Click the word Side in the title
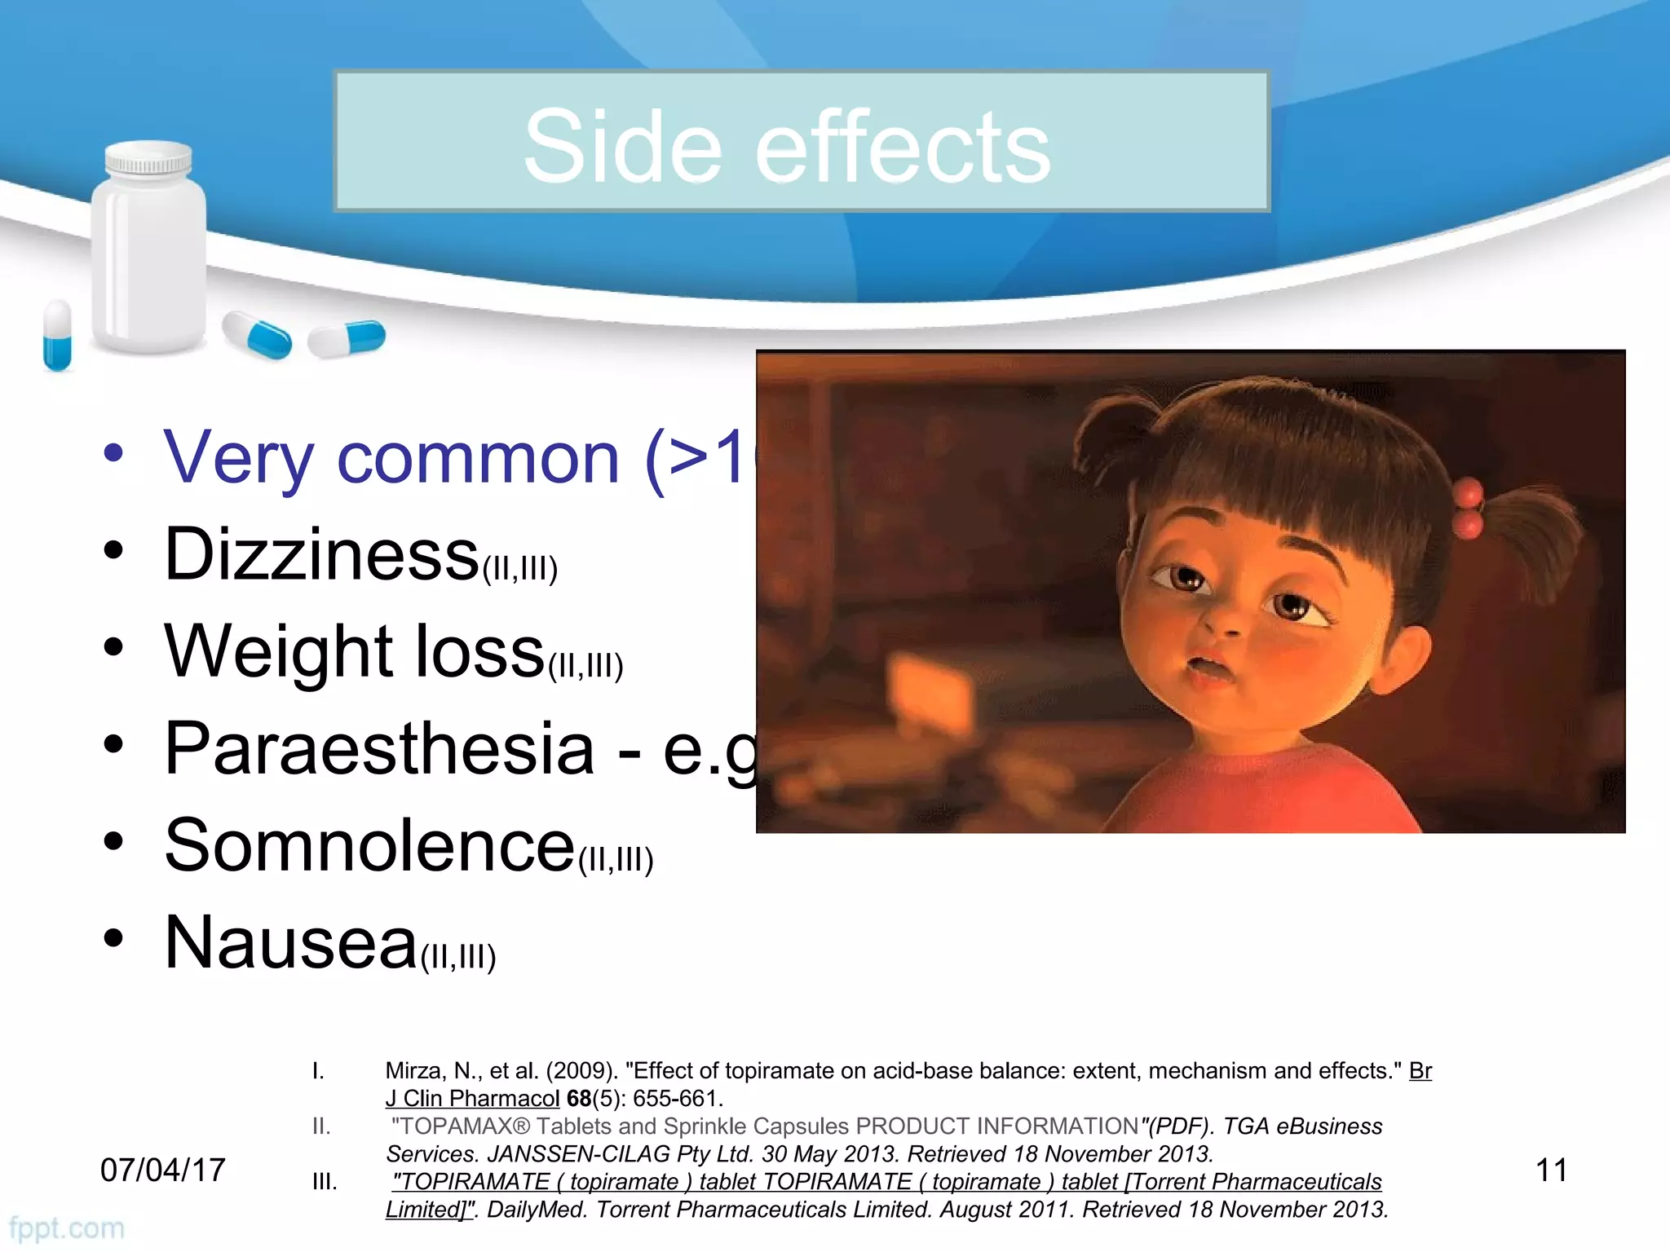pyautogui.click(x=623, y=148)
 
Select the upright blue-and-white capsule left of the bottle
pyautogui.click(x=57, y=335)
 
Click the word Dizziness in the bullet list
pyautogui.click(x=321, y=555)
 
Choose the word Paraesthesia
pyautogui.click(x=379, y=748)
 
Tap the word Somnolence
pyautogui.click(x=369, y=845)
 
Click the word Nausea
pyautogui.click(x=291, y=943)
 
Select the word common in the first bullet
pyautogui.click(x=478, y=458)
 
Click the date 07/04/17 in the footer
pyautogui.click(x=162, y=1170)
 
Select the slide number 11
pyautogui.click(x=1551, y=1170)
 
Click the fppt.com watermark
pyautogui.click(x=67, y=1228)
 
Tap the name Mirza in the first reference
pyautogui.click(x=414, y=1070)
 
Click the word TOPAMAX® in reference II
pyautogui.click(x=462, y=1126)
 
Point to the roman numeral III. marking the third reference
pyautogui.click(x=325, y=1182)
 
